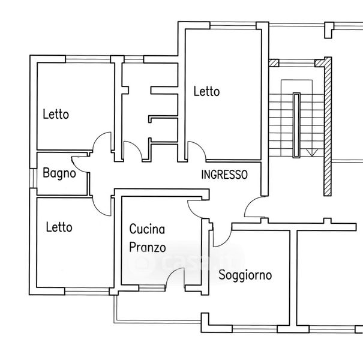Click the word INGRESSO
point(224,175)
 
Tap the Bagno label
point(59,174)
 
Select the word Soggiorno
point(245,275)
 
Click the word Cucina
point(147,229)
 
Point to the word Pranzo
point(148,247)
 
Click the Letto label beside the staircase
point(206,92)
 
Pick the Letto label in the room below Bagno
point(59,227)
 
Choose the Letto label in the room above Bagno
point(56,114)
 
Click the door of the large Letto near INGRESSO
point(194,150)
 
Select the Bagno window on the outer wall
point(32,174)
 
